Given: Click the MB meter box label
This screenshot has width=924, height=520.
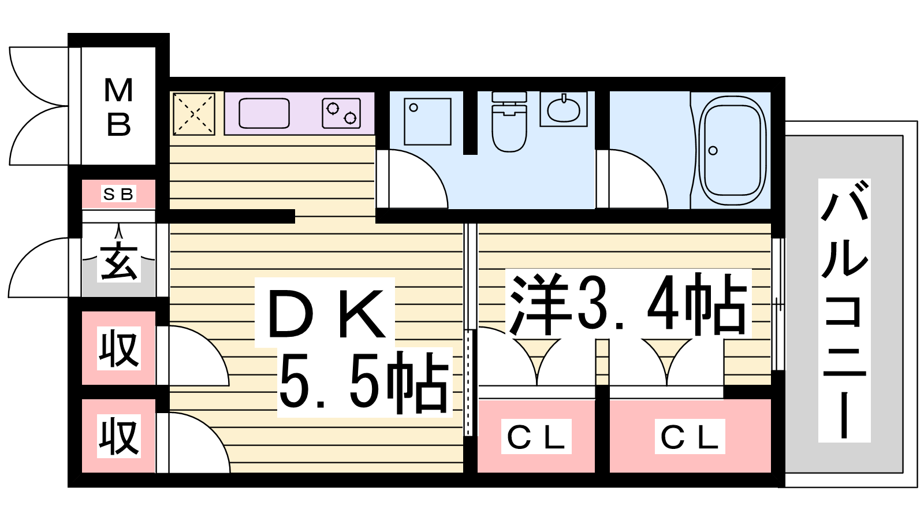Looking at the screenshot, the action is pos(118,107).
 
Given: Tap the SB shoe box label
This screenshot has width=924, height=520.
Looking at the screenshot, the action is pos(118,194).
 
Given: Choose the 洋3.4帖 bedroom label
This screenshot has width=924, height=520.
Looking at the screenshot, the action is pos(628,304).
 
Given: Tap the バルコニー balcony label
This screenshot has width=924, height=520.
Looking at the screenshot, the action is pos(844,310).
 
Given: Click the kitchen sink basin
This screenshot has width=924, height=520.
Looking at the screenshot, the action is pos(264,113).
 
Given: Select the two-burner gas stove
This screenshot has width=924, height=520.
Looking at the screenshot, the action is pos(341,113).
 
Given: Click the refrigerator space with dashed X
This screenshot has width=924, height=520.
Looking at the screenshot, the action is pos(194,114).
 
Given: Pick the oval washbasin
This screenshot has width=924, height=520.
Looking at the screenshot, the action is pos(564,109).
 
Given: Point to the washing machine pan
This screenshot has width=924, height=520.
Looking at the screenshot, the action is pos(427,121).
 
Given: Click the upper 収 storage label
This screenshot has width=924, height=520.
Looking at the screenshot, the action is pos(119,348).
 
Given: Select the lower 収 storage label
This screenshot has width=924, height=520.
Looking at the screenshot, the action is pos(119,436).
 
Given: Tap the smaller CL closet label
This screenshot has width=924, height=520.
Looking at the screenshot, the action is pos(536,437).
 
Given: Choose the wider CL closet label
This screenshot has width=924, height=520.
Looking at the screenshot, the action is pos(690,437).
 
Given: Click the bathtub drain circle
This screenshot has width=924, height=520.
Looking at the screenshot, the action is pos(713,151).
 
